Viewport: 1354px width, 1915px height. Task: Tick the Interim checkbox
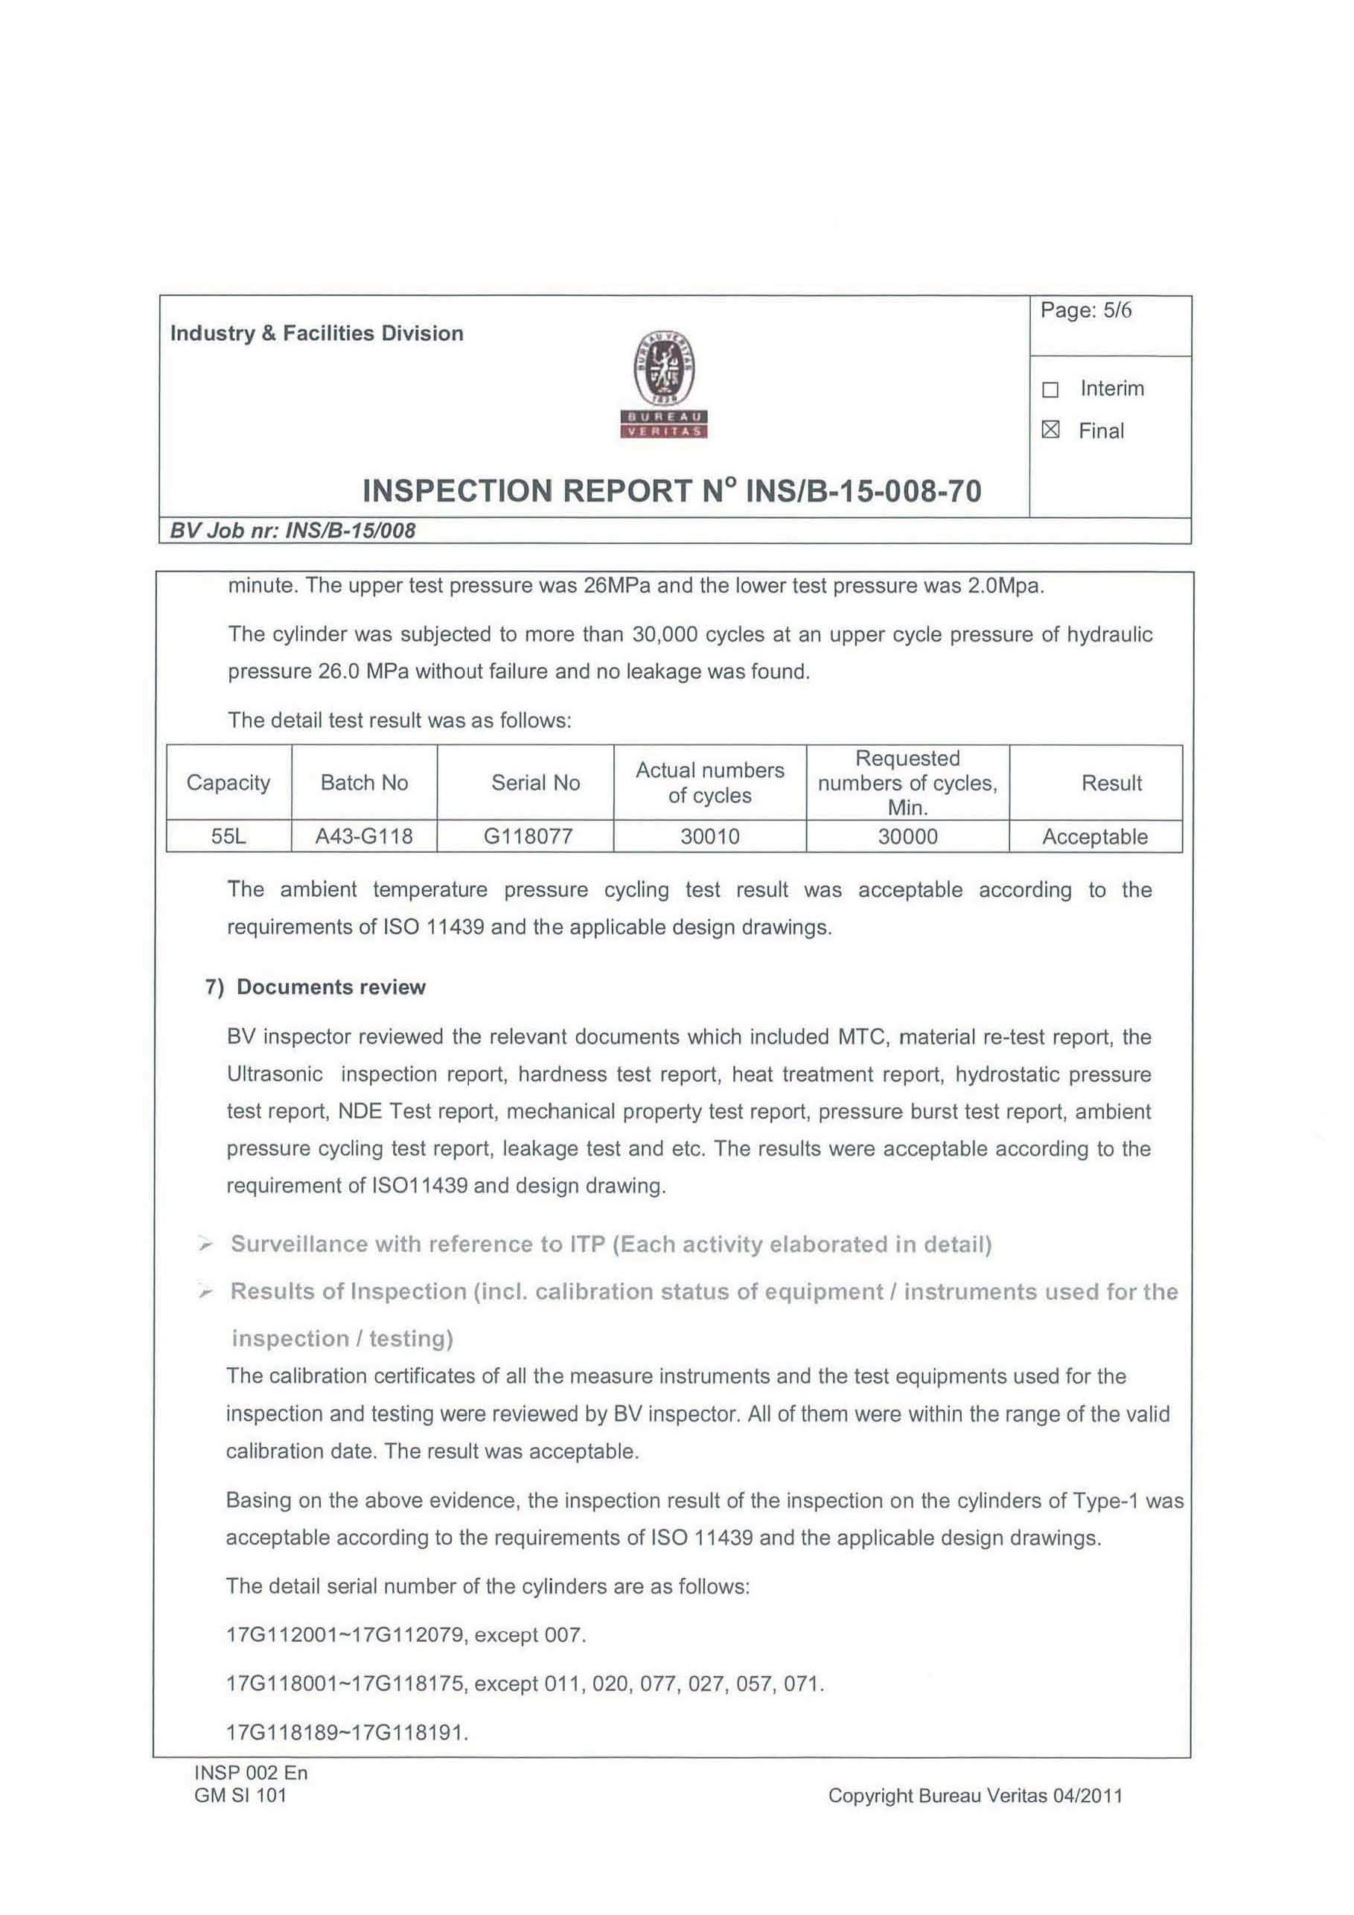[1050, 389]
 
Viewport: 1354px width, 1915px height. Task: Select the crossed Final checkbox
[1050, 430]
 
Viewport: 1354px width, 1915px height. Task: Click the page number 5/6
[1085, 311]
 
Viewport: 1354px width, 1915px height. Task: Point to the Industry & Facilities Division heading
[316, 333]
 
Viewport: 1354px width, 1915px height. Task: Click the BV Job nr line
[292, 531]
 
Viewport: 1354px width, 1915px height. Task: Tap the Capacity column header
[228, 782]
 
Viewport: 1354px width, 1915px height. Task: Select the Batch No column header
[364, 782]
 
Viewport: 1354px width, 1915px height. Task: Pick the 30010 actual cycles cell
[709, 837]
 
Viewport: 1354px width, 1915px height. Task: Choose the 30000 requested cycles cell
[907, 837]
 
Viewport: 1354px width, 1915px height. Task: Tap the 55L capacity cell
[228, 837]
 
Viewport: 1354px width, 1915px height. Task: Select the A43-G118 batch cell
[364, 837]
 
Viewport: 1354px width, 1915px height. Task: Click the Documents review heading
[330, 988]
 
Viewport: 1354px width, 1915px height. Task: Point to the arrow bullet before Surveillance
[205, 1245]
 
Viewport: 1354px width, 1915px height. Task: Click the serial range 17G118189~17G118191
[346, 1733]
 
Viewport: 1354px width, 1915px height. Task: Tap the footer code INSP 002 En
[250, 1773]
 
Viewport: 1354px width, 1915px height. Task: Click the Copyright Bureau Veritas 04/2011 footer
[974, 1796]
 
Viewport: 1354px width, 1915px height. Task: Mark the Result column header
[1111, 783]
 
